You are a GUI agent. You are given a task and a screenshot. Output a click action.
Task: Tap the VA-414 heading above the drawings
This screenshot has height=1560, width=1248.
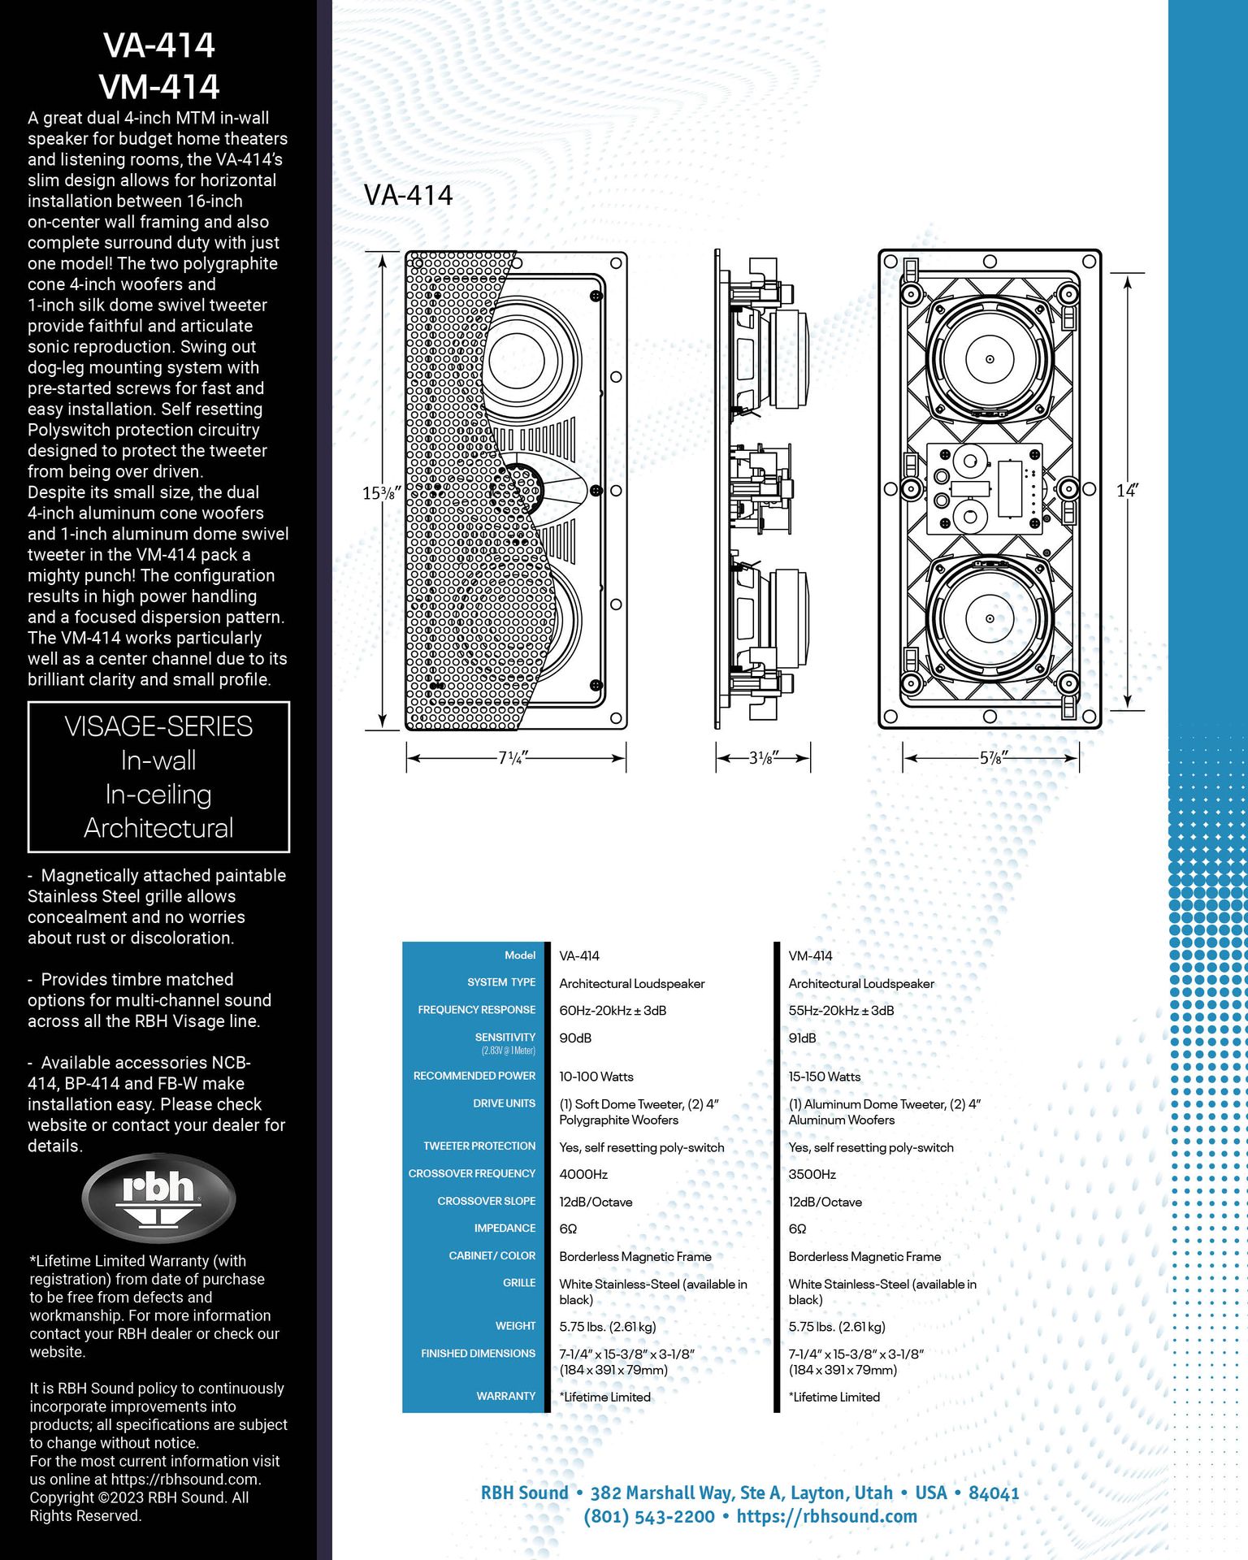(x=408, y=195)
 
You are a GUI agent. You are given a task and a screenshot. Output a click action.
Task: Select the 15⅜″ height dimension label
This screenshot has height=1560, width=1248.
(x=379, y=492)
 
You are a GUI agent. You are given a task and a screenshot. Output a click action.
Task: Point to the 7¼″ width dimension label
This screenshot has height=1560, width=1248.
(x=513, y=758)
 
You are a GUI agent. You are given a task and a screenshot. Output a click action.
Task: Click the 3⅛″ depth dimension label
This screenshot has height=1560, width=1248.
(x=763, y=758)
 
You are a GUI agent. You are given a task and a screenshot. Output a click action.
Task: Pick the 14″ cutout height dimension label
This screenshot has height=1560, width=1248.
(x=1127, y=491)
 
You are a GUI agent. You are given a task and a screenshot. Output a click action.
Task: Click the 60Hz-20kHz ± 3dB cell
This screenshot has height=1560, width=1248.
(x=613, y=1011)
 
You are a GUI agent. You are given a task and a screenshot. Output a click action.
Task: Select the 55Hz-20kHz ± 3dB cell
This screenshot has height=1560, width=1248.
(x=841, y=1011)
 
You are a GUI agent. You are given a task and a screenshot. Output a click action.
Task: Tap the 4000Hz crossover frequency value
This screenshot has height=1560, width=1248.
(x=583, y=1175)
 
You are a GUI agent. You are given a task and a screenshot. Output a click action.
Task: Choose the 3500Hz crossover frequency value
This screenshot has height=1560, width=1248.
(x=812, y=1175)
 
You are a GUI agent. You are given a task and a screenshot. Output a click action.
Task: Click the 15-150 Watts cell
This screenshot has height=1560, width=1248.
(x=824, y=1077)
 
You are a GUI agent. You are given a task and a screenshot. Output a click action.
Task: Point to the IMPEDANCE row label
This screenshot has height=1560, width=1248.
(x=505, y=1228)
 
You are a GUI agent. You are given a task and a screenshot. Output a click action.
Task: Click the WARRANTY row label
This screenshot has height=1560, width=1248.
(x=505, y=1396)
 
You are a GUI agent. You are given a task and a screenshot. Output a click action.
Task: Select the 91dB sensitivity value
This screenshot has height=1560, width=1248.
(x=802, y=1038)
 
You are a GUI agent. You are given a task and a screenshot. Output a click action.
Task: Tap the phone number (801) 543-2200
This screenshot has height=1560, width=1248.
(x=649, y=1516)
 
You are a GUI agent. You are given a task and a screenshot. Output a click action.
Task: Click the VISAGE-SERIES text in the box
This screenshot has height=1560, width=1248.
(x=158, y=726)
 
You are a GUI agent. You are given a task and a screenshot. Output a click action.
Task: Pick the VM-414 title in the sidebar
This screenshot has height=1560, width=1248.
(x=158, y=86)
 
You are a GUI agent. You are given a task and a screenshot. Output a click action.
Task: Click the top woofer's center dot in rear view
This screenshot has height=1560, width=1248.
(x=990, y=359)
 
